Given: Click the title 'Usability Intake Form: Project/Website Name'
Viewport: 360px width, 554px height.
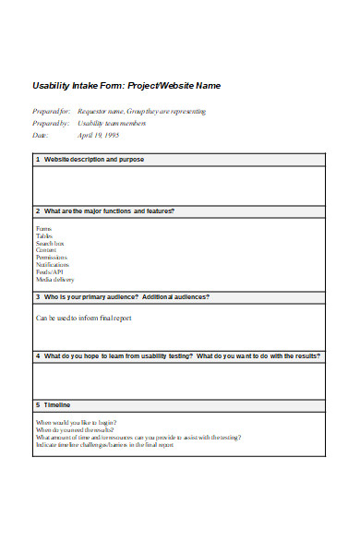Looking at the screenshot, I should pos(126,86).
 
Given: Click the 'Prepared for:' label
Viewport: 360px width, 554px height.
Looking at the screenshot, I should pos(52,111).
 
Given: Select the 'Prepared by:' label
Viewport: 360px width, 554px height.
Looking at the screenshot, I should pos(52,123).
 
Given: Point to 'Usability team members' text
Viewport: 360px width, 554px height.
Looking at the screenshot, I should pos(112,123).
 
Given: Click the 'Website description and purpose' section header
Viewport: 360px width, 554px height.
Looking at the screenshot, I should pos(93,160).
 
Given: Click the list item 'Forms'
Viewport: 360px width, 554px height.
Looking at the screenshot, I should pos(44,228).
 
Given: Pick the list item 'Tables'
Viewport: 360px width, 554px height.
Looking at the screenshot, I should pos(45,235).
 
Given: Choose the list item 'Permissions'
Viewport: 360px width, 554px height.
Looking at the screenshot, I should pos(52,258).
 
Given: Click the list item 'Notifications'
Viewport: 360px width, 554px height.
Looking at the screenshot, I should pos(54,265).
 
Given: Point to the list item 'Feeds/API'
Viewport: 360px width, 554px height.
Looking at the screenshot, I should pos(50,272).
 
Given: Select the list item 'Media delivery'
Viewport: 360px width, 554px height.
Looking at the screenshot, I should pos(55,280).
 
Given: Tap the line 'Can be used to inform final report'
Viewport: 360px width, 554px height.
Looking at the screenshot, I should pos(84,318).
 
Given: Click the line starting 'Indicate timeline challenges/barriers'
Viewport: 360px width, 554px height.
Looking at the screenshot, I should pos(104,444).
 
